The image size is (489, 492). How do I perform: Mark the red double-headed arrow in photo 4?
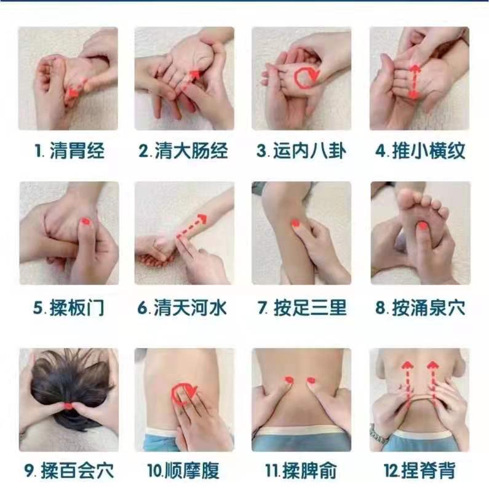(415, 82)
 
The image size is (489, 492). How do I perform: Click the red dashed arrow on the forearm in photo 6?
(191, 226)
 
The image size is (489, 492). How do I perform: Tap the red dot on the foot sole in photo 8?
(423, 225)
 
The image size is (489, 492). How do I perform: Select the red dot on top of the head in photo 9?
(68, 407)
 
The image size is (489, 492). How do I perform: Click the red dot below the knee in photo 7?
(295, 223)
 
